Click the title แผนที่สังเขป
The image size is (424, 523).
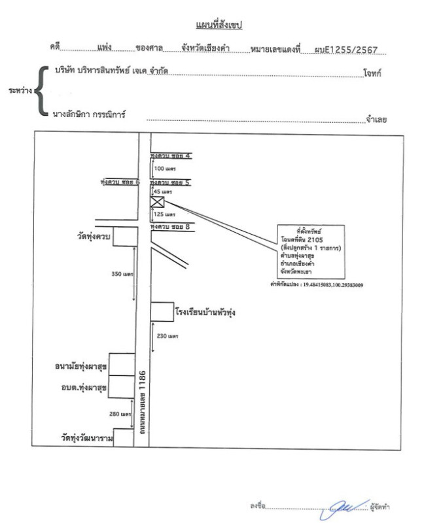click(219, 25)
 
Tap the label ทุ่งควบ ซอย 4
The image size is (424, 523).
click(170, 156)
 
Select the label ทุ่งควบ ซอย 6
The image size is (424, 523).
click(120, 183)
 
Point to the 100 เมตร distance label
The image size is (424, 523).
click(165, 169)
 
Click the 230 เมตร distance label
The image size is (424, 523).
click(168, 336)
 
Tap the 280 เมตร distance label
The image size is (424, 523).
click(122, 414)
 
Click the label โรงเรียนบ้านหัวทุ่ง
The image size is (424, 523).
click(205, 313)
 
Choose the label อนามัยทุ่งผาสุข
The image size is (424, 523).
click(81, 367)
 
